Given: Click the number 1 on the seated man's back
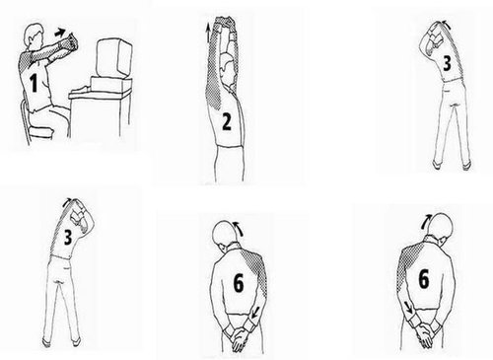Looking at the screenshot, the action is [x=34, y=83].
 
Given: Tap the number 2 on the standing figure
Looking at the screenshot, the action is [x=227, y=121].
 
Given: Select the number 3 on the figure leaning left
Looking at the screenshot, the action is [x=447, y=63].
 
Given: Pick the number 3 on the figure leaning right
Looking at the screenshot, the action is [x=67, y=237].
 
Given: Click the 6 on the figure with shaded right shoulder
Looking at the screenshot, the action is [x=239, y=283].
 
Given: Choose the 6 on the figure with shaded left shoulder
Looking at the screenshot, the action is [x=424, y=279].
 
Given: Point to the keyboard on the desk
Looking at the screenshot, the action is [x=82, y=90].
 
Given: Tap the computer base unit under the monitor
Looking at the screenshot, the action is [x=107, y=85].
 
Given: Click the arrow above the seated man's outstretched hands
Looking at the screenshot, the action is [x=60, y=33].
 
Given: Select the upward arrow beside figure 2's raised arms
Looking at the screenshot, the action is [x=208, y=33].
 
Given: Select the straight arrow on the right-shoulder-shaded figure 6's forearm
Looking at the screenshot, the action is [x=254, y=313].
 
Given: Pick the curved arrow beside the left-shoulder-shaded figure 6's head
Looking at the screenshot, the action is [x=426, y=221].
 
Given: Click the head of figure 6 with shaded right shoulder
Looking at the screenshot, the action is [x=225, y=233].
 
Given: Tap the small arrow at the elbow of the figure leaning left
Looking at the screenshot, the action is [x=445, y=24].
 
